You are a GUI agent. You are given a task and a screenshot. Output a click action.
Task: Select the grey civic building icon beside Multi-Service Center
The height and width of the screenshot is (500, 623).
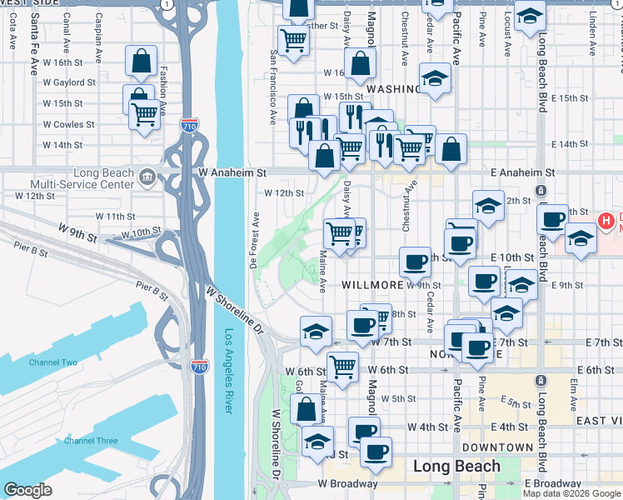coord(147,176)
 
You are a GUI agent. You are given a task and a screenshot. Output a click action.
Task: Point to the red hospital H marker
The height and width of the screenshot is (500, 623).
coord(606,221)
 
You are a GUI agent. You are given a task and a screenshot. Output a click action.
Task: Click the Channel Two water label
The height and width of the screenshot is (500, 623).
coord(52,362)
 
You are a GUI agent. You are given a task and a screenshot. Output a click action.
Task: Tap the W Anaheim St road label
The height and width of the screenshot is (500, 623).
coord(232,172)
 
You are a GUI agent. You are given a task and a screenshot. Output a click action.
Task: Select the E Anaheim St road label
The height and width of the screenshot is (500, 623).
coord(522,172)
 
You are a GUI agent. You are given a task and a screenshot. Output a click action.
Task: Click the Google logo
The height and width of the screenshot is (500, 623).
coord(27,489)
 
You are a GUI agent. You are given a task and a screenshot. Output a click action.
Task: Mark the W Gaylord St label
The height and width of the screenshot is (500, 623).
coord(69,82)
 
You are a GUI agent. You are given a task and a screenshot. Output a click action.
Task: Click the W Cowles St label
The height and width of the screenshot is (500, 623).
coord(68,124)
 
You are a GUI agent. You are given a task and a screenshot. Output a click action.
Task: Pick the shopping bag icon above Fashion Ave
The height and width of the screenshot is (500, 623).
coord(142,60)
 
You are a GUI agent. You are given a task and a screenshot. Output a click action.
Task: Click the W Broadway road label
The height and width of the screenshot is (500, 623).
coord(347,483)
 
